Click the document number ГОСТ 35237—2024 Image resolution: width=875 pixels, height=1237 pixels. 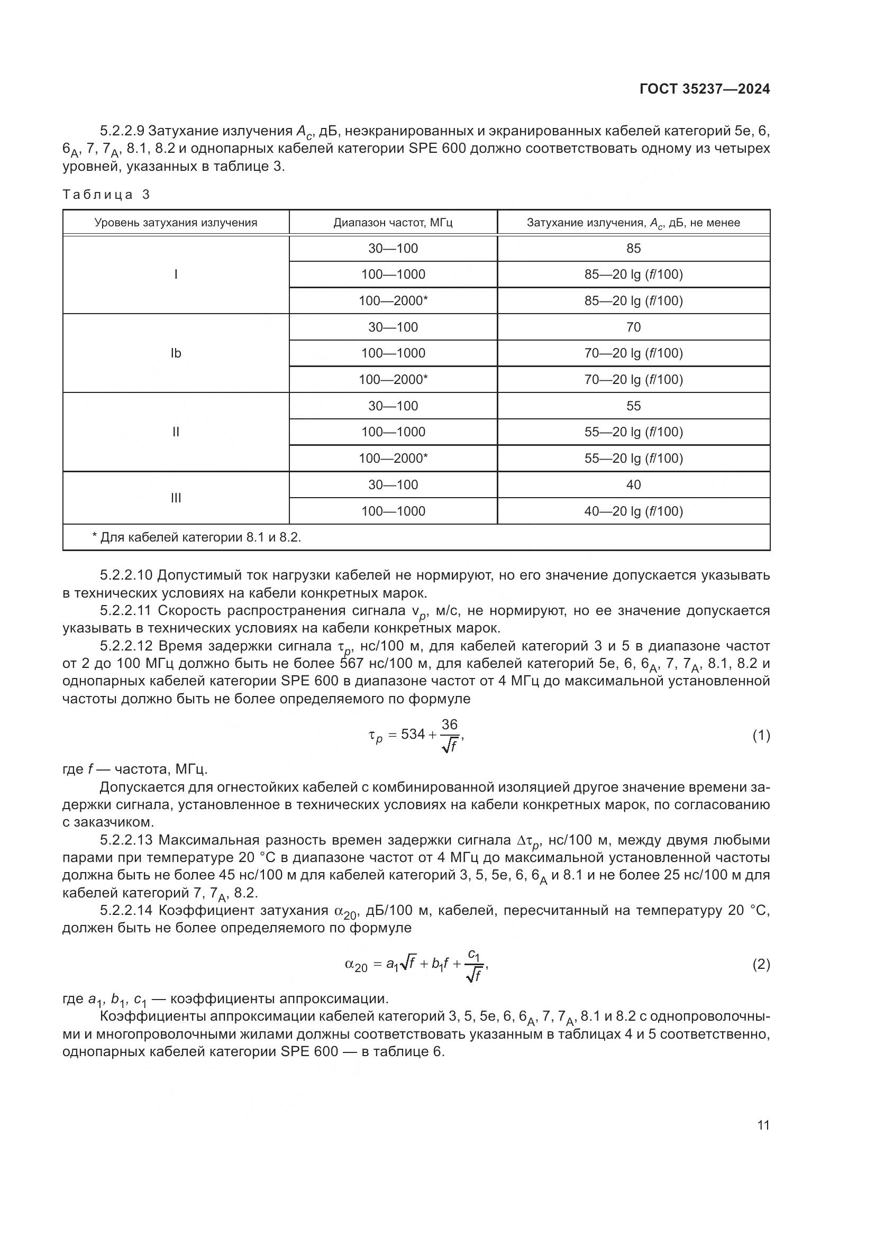pos(704,89)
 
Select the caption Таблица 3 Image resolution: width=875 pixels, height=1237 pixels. pos(106,195)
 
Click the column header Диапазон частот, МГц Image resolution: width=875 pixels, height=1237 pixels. pos(393,223)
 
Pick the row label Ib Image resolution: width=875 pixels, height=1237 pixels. pos(176,353)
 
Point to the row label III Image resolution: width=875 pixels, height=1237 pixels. pos(176,498)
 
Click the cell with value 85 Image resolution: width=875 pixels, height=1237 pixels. pos(633,249)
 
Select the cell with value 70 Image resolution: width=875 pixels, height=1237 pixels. pos(633,327)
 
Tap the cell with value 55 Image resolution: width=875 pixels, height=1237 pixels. pos(633,406)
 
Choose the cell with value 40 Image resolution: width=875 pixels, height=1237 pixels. pos(633,485)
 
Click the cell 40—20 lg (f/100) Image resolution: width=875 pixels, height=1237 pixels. pos(633,511)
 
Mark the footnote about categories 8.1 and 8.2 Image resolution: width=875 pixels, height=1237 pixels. pos(197,537)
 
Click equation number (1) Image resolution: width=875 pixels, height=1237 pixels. pos(761,736)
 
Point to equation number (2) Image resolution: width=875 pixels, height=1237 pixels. pos(761,965)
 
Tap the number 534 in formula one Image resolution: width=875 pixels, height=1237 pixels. pos(413,735)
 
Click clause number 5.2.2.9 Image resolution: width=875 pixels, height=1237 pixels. pos(122,131)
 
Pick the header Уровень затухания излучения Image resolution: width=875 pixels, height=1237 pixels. pos(176,223)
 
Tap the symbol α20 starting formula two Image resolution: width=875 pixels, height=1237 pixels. pos(356,965)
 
